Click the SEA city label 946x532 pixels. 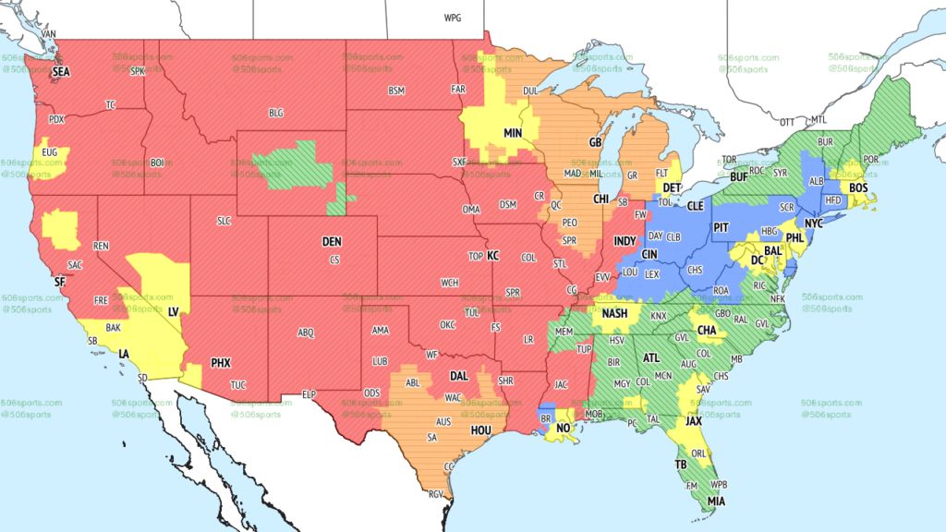point(61,71)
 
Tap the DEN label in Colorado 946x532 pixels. point(332,241)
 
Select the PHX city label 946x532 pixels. point(220,363)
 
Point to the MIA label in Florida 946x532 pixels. point(717,502)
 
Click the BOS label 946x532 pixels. point(858,188)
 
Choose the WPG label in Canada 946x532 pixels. point(452,18)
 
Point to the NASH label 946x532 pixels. point(614,314)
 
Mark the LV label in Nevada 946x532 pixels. point(173,312)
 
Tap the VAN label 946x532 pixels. point(49,34)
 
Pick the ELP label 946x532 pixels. point(309,394)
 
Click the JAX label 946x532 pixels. point(693,420)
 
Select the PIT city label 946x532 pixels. point(722,225)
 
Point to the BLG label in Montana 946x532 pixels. point(276,113)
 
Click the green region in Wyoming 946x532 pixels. point(295,166)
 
